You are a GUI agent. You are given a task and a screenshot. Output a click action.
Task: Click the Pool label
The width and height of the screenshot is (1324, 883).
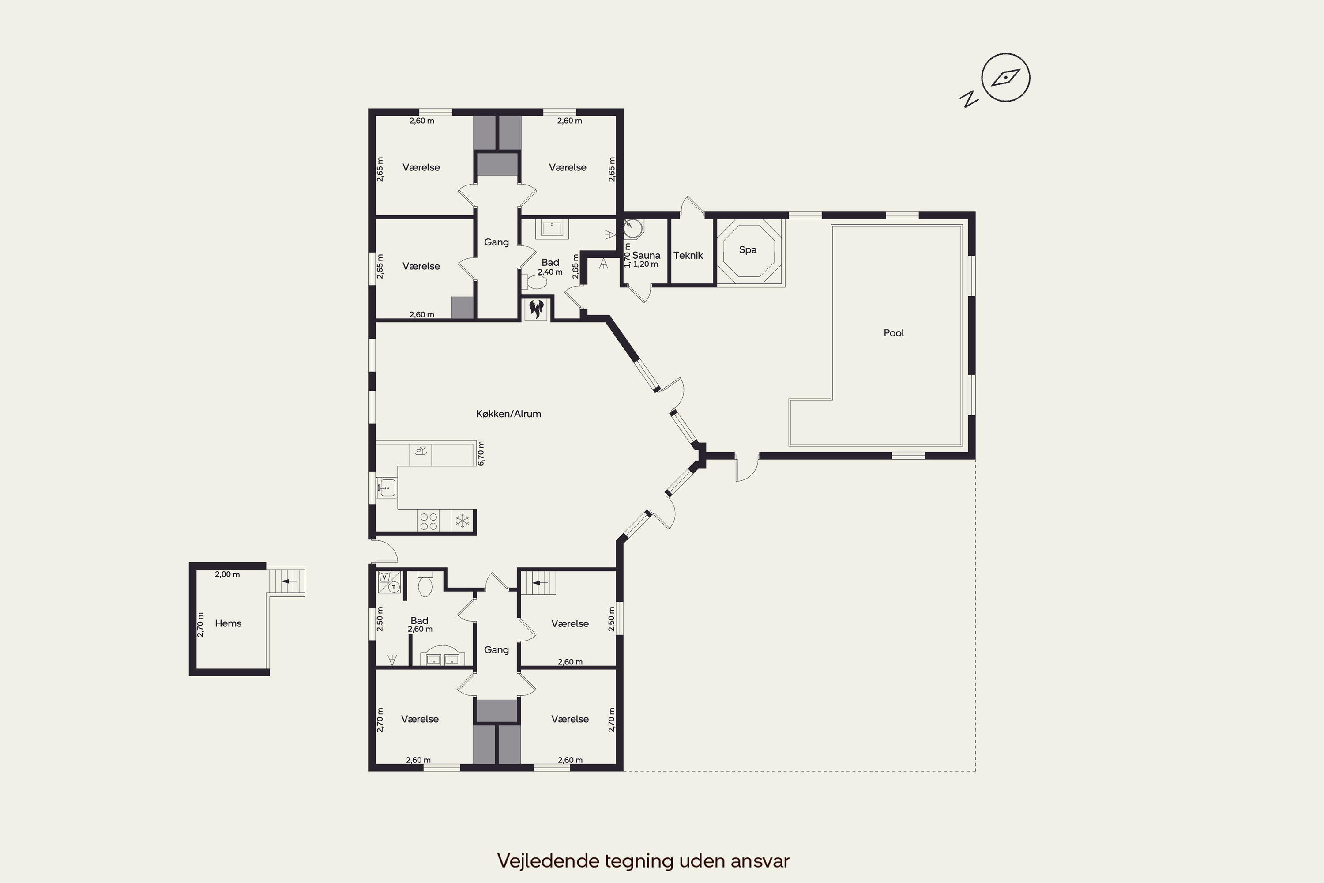pos(893,333)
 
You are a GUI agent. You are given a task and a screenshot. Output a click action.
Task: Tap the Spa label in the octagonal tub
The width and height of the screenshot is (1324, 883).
pos(748,250)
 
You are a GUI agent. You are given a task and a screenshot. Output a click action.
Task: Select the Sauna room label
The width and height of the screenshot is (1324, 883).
pos(646,255)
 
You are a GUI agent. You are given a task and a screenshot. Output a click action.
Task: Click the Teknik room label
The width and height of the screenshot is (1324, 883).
pos(688,255)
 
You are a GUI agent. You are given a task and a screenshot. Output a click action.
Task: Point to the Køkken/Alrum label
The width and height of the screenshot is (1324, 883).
pos(508,414)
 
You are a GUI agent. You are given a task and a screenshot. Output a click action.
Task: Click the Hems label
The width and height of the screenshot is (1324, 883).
pos(228,623)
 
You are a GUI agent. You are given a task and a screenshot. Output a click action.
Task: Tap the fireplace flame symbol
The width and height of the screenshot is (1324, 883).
pos(536,309)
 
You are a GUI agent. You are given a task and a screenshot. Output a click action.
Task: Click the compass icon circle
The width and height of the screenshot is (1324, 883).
pos(1005,78)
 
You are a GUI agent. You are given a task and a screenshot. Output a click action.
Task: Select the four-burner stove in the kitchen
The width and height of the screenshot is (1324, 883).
pos(429,521)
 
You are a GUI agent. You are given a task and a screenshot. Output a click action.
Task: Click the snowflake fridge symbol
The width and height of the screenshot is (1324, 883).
pos(463,521)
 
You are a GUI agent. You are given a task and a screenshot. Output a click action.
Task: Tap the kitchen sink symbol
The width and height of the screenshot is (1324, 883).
pos(386,487)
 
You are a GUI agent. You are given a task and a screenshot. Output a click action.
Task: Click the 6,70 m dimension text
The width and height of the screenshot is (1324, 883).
pos(481,453)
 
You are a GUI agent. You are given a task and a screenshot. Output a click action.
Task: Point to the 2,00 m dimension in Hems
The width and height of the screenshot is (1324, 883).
pos(227,574)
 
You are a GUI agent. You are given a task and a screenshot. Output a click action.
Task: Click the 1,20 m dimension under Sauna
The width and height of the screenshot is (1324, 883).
pos(646,264)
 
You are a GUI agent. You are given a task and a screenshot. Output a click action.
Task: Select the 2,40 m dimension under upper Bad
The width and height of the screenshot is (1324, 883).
pos(550,272)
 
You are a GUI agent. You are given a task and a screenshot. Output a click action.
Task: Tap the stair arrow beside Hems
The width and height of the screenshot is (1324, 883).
pos(290,581)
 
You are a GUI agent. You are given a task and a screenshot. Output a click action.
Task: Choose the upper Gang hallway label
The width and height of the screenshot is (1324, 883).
pos(496,242)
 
